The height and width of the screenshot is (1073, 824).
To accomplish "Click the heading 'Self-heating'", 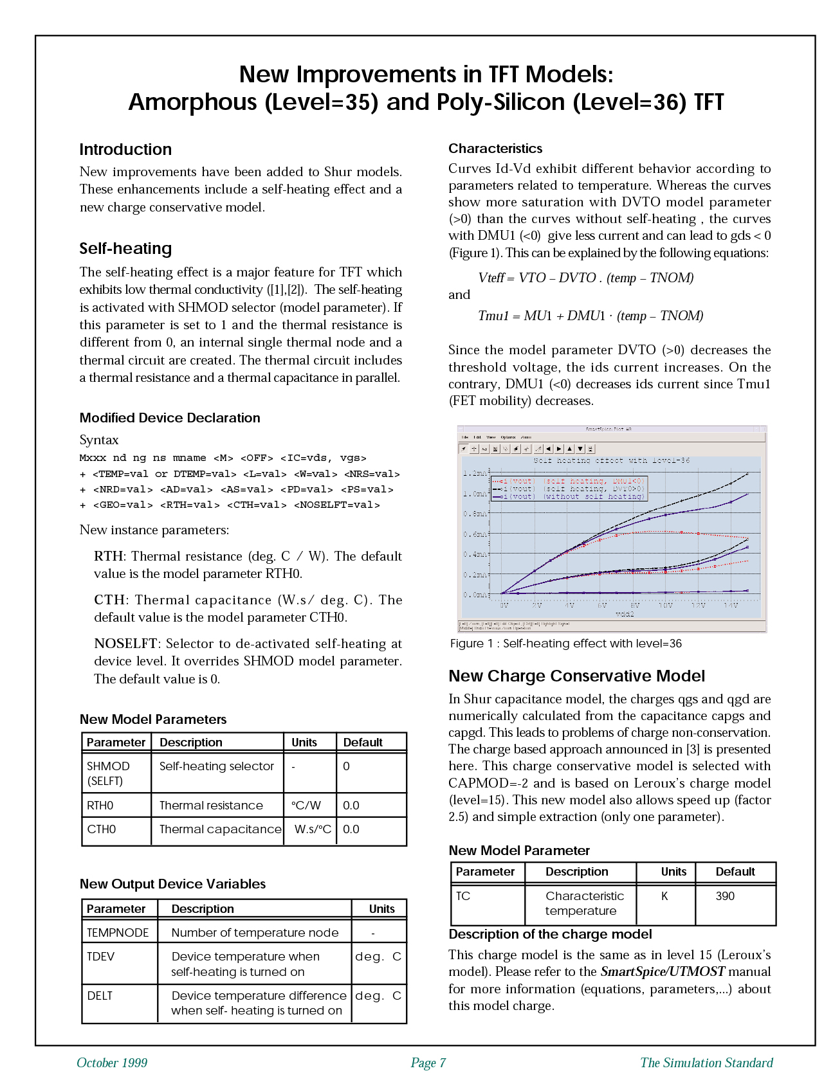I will coord(125,249).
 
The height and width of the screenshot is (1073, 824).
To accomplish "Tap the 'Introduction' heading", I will coord(125,150).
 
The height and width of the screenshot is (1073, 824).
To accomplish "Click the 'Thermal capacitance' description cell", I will coord(220,829).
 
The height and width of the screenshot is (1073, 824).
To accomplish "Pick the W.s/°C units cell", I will coord(313,829).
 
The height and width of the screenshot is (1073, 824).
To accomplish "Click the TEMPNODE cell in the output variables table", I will coord(118,933).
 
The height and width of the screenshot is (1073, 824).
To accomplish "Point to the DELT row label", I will coord(100,996).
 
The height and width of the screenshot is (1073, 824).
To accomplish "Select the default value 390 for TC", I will coord(725,896).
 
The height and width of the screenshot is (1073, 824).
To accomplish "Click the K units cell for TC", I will coord(664,896).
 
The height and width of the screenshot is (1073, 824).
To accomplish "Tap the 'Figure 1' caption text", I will coord(565,644).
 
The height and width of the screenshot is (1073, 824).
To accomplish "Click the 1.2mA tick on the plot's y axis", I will coord(475,473).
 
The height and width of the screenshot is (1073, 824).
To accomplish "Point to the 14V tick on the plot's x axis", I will coord(731,606).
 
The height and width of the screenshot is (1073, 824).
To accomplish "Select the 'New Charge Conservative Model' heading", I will coord(576,676).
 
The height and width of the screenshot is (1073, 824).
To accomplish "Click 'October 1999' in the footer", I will coord(112,1063).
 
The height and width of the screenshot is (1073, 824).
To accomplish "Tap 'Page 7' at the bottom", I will coord(428,1063).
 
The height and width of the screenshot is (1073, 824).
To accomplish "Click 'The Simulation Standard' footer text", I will coord(706,1063).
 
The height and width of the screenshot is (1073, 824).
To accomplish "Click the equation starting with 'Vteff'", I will coord(585,278).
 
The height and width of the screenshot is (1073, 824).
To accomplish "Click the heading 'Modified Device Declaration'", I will coord(170,418).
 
